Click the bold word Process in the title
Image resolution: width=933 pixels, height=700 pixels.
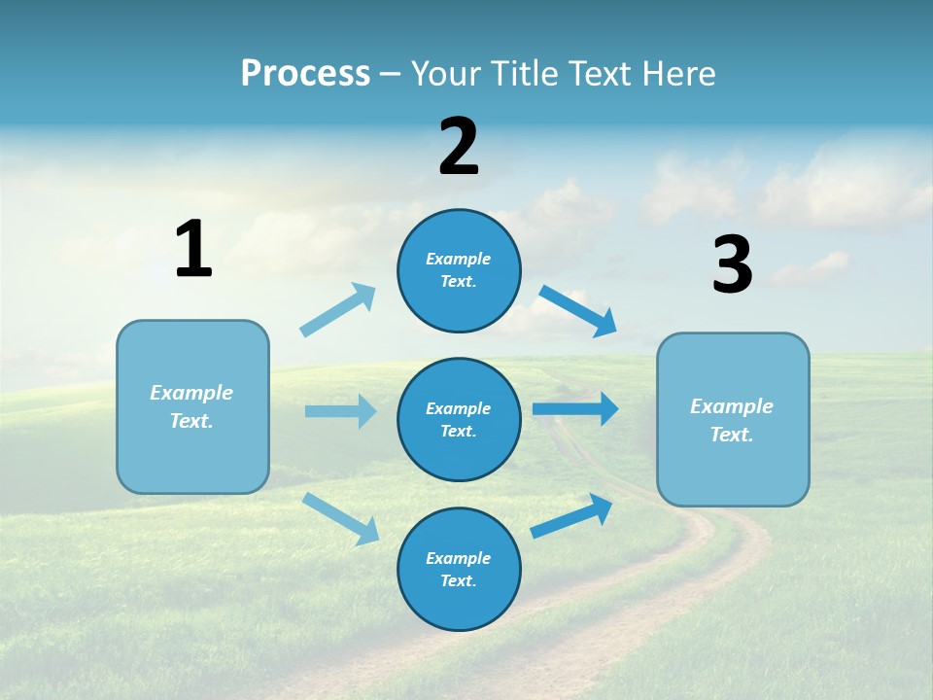(305, 74)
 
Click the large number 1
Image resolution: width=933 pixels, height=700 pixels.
(193, 250)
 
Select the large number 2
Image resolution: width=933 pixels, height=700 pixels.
(459, 147)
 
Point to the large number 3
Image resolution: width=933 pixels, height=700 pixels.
(732, 265)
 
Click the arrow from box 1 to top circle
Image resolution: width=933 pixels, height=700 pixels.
(338, 310)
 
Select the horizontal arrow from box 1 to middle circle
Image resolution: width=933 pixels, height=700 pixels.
(340, 411)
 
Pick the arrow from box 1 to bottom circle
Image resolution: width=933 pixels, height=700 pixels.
(340, 518)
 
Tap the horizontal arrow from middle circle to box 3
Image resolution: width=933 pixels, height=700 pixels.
(575, 409)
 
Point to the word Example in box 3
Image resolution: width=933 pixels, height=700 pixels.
(732, 406)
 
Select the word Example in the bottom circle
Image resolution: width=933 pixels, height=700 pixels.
(458, 558)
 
